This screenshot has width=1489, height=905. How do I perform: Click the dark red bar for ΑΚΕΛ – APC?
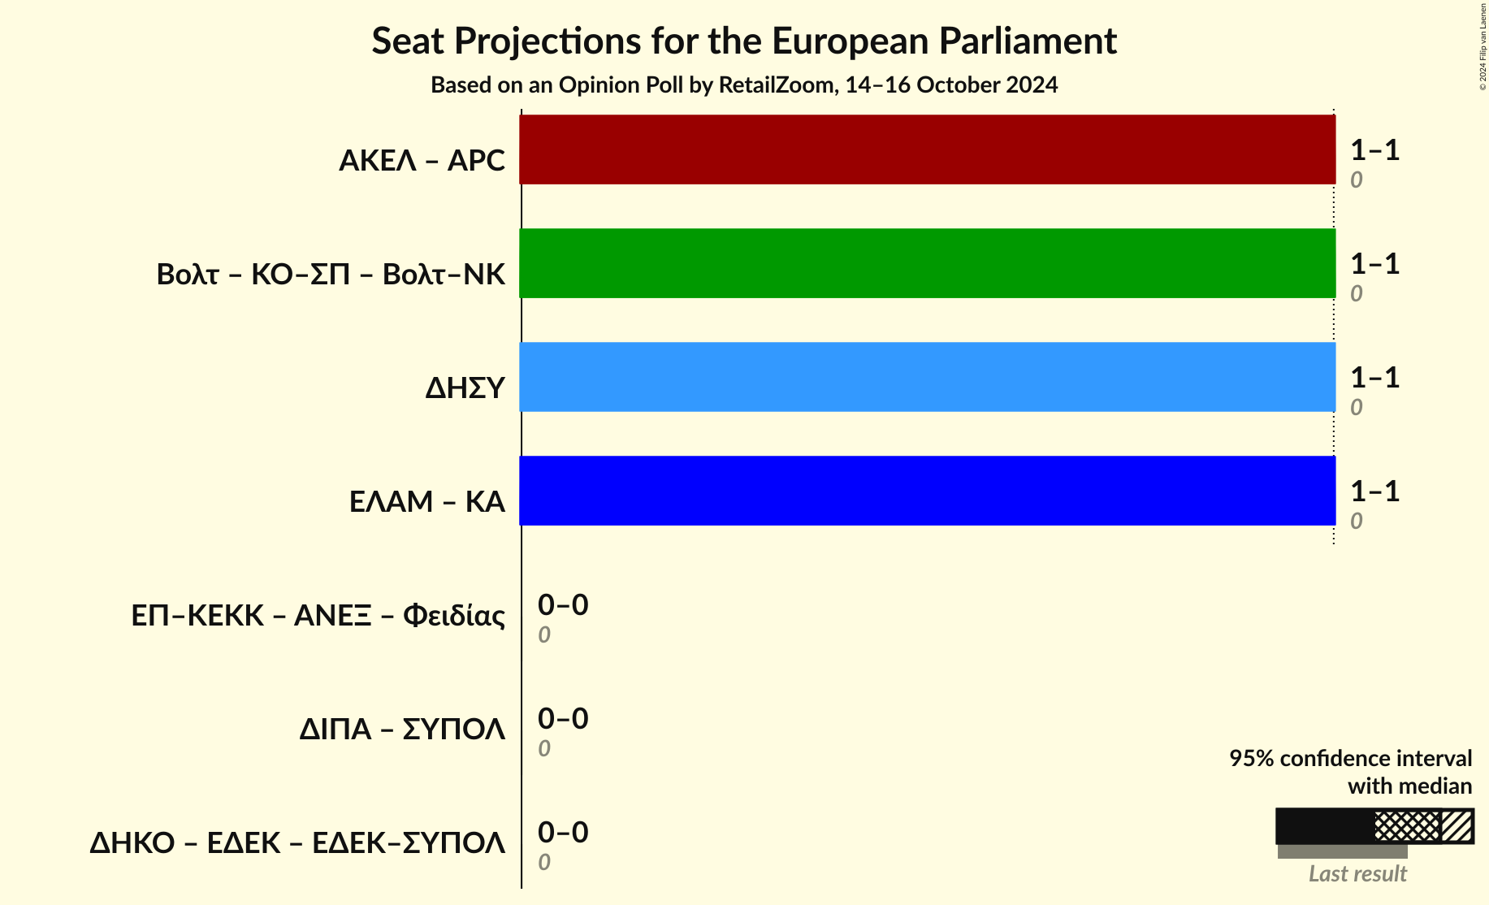927,149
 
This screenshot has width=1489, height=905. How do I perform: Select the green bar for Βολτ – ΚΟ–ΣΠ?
927,263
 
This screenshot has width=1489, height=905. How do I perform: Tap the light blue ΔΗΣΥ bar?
927,377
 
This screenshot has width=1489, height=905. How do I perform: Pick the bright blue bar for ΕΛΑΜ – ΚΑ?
927,491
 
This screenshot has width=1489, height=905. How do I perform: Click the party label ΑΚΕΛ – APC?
422,161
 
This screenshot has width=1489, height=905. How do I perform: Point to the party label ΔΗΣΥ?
465,388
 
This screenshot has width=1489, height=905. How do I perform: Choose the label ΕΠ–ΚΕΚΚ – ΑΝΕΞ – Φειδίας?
318,616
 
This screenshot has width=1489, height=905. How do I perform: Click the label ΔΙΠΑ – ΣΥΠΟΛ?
402,730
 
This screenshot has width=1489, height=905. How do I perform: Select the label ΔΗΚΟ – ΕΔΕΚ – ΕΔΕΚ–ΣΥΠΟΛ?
297,843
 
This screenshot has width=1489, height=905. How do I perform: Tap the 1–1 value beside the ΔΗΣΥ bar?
1374,378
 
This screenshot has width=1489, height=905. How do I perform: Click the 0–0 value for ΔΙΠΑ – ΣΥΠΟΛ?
563,719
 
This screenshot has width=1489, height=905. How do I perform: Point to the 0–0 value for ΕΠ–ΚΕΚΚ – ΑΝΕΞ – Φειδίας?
563,605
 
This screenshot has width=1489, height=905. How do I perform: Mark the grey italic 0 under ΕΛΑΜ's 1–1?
1357,522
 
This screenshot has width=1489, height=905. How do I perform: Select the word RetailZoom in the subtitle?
776,85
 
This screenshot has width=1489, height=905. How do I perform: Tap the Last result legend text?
1357,874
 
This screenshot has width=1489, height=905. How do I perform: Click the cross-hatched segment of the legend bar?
1407,826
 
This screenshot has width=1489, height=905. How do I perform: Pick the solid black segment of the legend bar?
1324,826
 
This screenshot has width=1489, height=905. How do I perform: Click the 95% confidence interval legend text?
1350,759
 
